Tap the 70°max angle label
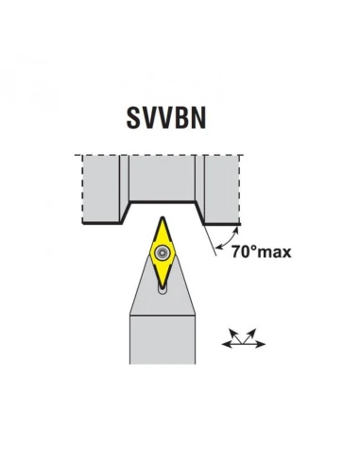[x=261, y=252]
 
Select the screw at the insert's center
[x=163, y=252]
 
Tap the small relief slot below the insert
[x=163, y=294]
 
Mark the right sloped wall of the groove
[x=200, y=212]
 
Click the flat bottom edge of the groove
[x=162, y=201]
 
